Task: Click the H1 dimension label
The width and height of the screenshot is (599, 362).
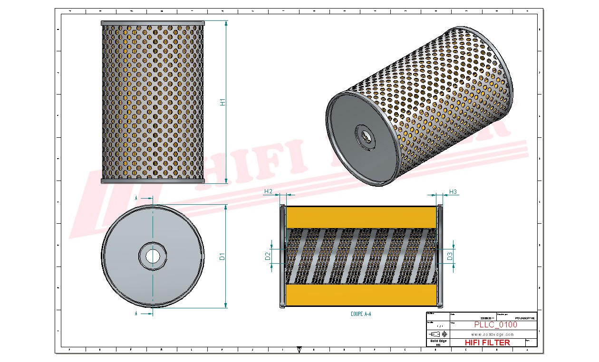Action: pos(222,102)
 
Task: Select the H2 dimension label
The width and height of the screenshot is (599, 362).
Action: pos(268,191)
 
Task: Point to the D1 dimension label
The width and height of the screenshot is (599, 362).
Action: pos(222,257)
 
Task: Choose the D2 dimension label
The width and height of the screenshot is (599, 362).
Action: pos(268,257)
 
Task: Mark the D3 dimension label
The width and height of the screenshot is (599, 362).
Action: pos(450,257)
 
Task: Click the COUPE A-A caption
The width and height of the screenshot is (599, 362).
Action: pos(361,314)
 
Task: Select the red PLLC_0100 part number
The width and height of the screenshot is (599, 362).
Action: pos(496,325)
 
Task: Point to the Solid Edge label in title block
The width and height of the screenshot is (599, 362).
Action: pos(438,341)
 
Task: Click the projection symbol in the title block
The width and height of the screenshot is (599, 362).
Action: pos(438,334)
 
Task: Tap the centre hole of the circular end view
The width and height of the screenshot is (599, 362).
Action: pos(153,256)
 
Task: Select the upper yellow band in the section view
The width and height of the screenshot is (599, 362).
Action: pos(361,217)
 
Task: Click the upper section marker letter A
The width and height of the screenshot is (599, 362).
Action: pos(136,197)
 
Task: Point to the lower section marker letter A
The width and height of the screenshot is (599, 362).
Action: pos(136,314)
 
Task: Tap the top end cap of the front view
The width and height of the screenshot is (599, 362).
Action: pos(153,22)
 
